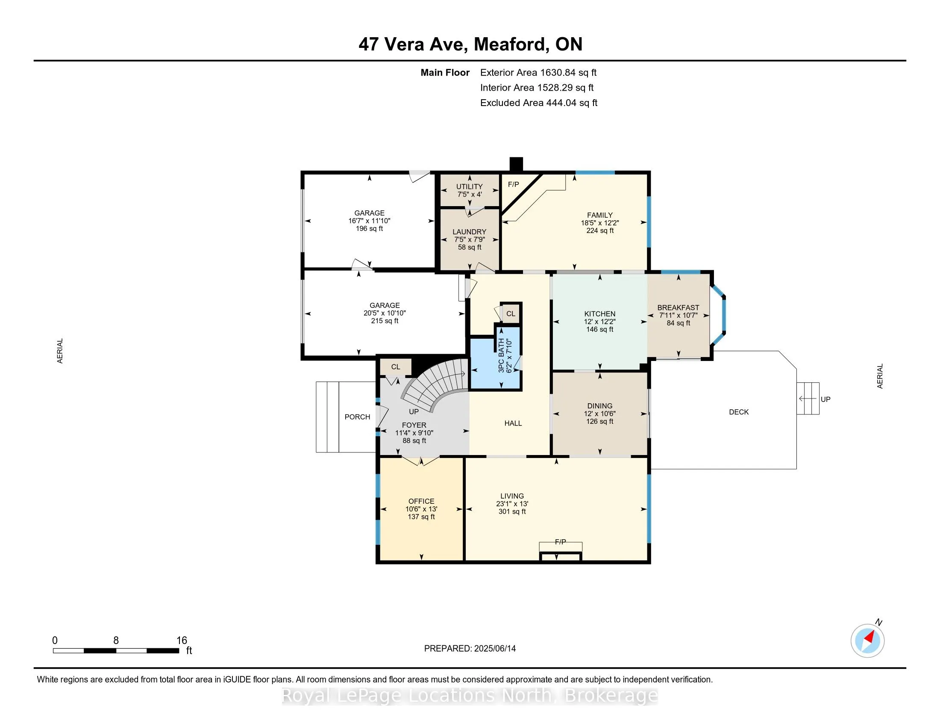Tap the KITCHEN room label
coord(599,314)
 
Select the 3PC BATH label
coord(501,355)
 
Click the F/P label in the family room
coord(514,184)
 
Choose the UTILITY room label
coord(469,186)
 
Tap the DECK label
coord(739,412)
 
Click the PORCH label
coord(357,417)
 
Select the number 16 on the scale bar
coord(182,641)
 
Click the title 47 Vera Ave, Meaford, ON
coord(470,44)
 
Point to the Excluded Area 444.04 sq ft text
coord(539,103)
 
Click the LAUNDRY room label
coord(469,232)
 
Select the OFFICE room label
coord(421,501)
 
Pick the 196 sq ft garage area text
coord(369,229)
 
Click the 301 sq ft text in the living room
coord(512,511)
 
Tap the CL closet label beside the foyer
coord(396,367)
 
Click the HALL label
coord(513,423)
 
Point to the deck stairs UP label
coord(825,399)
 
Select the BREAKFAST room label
coord(679,307)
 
